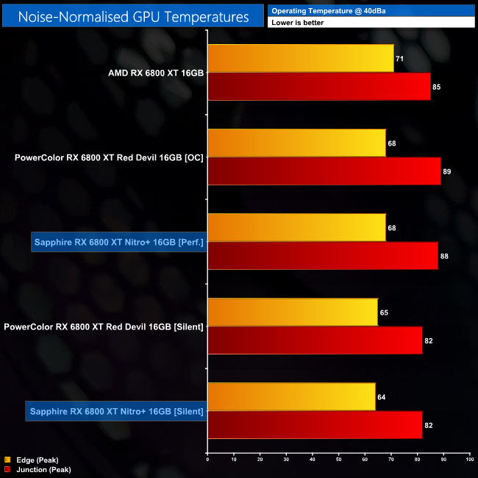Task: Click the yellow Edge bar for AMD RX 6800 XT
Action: click(x=300, y=58)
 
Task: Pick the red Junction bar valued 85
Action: click(x=318, y=87)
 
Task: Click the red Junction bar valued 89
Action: click(x=324, y=171)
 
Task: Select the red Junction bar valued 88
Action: click(x=322, y=256)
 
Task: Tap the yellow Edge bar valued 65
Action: click(x=293, y=313)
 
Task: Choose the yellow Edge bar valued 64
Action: click(x=291, y=397)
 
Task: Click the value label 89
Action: click(x=447, y=171)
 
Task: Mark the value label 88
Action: click(x=444, y=256)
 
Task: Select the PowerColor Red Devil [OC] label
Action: click(x=109, y=157)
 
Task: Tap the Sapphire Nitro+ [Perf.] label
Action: click(x=118, y=242)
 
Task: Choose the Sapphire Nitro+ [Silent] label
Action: click(x=115, y=411)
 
